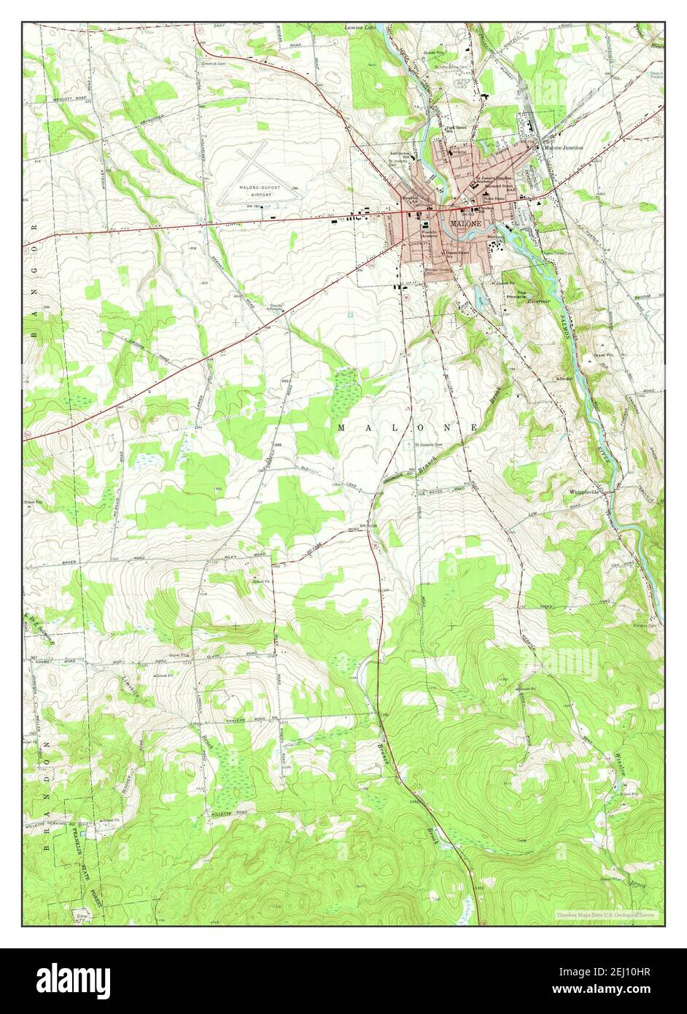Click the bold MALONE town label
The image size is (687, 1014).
tap(465, 222)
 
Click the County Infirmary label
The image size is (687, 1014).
tap(276, 309)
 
